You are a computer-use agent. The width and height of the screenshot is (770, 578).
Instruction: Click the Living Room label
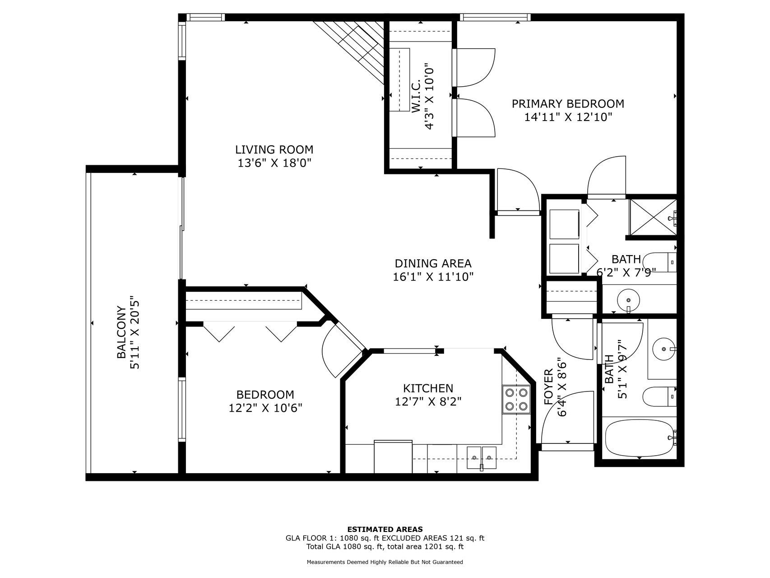pyautogui.click(x=274, y=149)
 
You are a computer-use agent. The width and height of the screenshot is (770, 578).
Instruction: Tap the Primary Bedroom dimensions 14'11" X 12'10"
pyautogui.click(x=568, y=117)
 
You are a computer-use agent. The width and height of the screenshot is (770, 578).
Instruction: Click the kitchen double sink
pyautogui.click(x=481, y=457)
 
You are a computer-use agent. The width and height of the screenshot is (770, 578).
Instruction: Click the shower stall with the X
pyautogui.click(x=653, y=217)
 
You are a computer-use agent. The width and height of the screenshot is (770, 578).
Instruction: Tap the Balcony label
pyautogui.click(x=121, y=332)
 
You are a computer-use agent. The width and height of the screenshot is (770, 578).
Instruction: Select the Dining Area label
pyautogui.click(x=433, y=263)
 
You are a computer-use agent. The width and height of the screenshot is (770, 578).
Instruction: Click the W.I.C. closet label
pyautogui.click(x=416, y=96)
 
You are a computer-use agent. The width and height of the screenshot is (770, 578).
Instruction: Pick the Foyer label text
pyautogui.click(x=548, y=387)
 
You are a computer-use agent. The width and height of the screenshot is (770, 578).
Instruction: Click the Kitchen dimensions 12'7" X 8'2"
pyautogui.click(x=428, y=401)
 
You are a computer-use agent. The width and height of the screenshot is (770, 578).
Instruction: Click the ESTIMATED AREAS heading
pyautogui.click(x=385, y=529)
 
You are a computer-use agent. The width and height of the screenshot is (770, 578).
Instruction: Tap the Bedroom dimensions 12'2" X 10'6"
pyautogui.click(x=265, y=408)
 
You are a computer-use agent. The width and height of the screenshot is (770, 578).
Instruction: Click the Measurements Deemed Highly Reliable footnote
pyautogui.click(x=385, y=562)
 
